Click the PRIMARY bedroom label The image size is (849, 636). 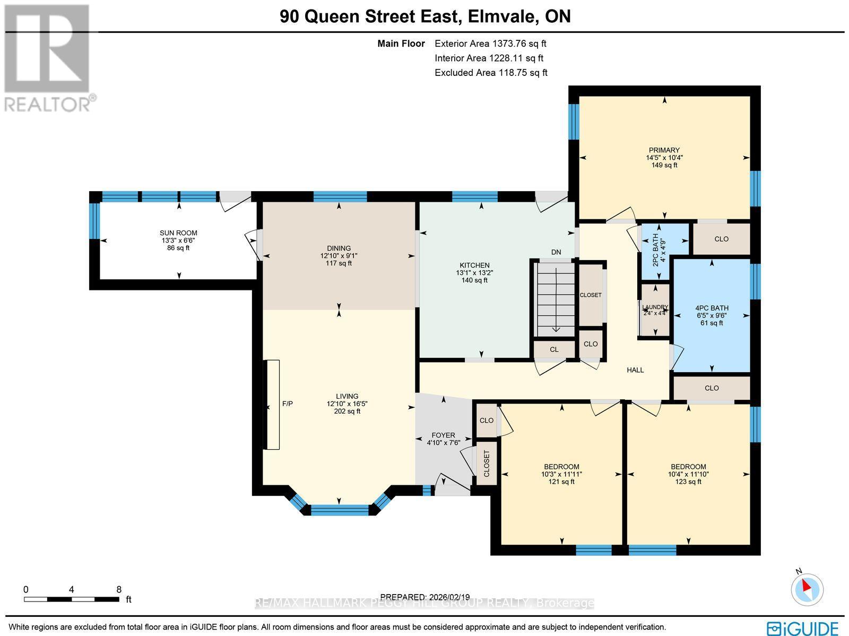[663, 150]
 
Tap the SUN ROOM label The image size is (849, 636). [178, 233]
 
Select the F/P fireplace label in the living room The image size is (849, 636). [287, 403]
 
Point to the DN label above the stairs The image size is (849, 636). [556, 252]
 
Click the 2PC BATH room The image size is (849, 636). [658, 250]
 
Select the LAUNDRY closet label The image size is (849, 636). [655, 307]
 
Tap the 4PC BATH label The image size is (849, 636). [712, 308]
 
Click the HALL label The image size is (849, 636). [635, 370]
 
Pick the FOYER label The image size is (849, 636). [443, 435]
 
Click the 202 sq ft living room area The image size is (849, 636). [347, 411]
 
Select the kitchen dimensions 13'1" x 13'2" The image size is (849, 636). [474, 273]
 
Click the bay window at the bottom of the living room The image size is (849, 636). [340, 510]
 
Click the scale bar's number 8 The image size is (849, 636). [119, 589]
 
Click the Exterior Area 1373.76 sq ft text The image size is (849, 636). [490, 44]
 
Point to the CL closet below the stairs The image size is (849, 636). [554, 349]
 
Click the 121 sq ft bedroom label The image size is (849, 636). [561, 482]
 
